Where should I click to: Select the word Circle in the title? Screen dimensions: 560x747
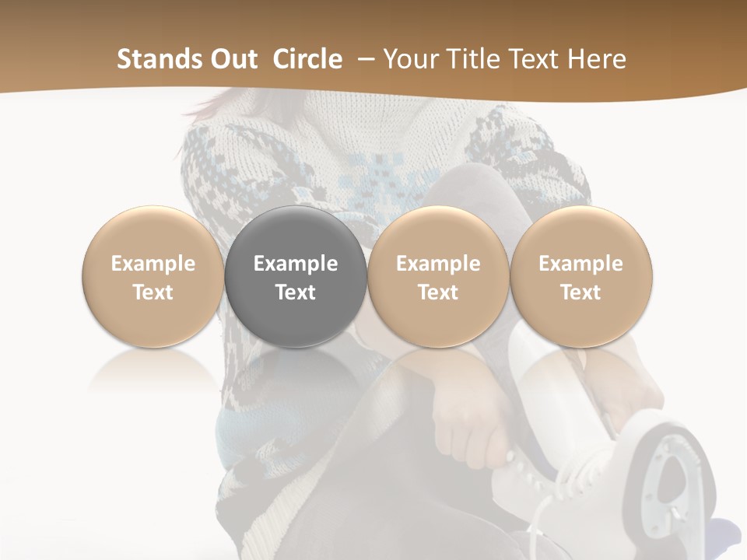pyautogui.click(x=307, y=59)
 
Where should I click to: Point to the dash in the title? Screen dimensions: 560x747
pyautogui.click(x=365, y=60)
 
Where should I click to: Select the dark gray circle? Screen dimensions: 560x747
pyautogui.click(x=296, y=277)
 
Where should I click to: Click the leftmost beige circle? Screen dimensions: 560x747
pyautogui.click(x=153, y=277)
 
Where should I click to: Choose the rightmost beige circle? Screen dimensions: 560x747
pyautogui.click(x=581, y=277)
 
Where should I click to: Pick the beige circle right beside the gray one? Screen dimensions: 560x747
pyautogui.click(x=438, y=277)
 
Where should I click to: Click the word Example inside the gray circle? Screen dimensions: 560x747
pyautogui.click(x=296, y=264)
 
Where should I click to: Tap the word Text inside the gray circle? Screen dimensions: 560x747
pyautogui.click(x=296, y=292)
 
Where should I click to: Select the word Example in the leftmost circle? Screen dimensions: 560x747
pyautogui.click(x=153, y=264)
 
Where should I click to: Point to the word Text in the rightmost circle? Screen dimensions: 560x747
pyautogui.click(x=581, y=292)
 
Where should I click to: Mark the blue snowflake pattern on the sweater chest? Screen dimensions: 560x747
pyautogui.click(x=381, y=179)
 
